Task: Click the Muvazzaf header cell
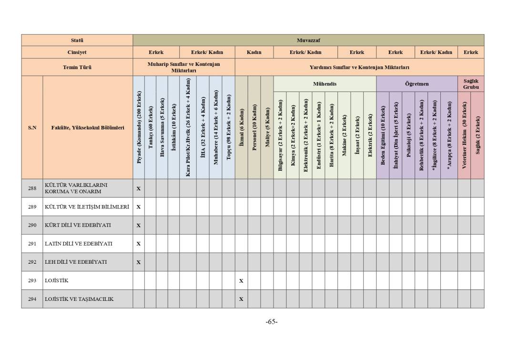308,40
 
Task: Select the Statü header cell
77,40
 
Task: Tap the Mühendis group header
325,84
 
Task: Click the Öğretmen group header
417,84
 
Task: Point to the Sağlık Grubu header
470,84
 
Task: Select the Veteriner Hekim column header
464,135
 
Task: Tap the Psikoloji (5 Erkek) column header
408,135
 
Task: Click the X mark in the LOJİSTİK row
241,281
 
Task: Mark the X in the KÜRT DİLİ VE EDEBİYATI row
139,225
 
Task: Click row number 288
32,188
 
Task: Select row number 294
32,299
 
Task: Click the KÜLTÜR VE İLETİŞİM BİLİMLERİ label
87,207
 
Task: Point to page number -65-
272,322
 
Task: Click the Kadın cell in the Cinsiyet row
254,52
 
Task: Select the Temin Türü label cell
77,67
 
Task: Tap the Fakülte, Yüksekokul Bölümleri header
88,128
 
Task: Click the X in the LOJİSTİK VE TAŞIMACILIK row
241,299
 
